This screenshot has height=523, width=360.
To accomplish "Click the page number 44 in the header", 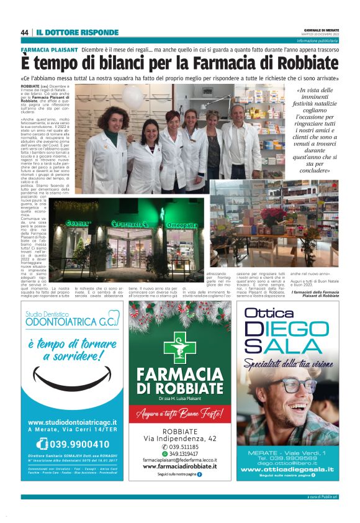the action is click(x=24, y=32).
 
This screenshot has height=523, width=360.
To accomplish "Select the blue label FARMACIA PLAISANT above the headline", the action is click(x=49, y=48).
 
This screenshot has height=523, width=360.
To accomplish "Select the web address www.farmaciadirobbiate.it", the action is click(x=180, y=466).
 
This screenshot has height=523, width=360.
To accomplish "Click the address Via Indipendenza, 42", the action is click(x=180, y=439).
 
